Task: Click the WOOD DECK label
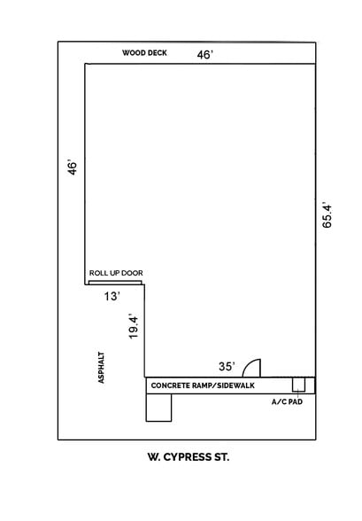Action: point(144,53)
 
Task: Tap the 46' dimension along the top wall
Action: point(204,55)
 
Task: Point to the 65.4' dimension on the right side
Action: point(327,214)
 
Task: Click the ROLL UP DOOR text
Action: point(116,273)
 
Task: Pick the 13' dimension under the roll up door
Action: point(111,297)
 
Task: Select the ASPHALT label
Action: point(102,367)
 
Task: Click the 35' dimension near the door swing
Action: point(227,366)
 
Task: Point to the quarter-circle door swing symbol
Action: point(252,369)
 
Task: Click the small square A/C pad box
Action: point(299,385)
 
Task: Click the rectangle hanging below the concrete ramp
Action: point(158,407)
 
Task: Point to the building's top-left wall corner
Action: point(86,64)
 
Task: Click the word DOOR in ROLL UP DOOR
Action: point(133,273)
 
